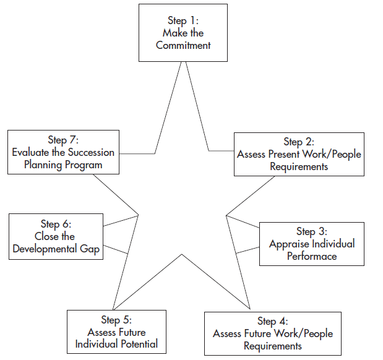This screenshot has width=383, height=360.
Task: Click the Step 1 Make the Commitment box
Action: coord(183,33)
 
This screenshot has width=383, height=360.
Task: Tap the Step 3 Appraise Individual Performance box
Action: coord(311,243)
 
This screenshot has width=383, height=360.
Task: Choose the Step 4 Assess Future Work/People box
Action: coord(272,333)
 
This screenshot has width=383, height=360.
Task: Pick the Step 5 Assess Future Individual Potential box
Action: coord(116,332)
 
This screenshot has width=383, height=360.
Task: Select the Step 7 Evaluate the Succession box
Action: coord(63,152)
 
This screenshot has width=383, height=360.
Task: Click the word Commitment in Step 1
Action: coord(183,45)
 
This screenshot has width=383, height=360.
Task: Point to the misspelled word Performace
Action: coord(312,255)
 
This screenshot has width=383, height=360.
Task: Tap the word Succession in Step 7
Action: coord(91,152)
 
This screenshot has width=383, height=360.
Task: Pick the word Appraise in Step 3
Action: coord(289,244)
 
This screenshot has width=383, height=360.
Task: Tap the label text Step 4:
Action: coord(272,321)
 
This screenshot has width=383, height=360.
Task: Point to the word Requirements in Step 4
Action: coord(272,345)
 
